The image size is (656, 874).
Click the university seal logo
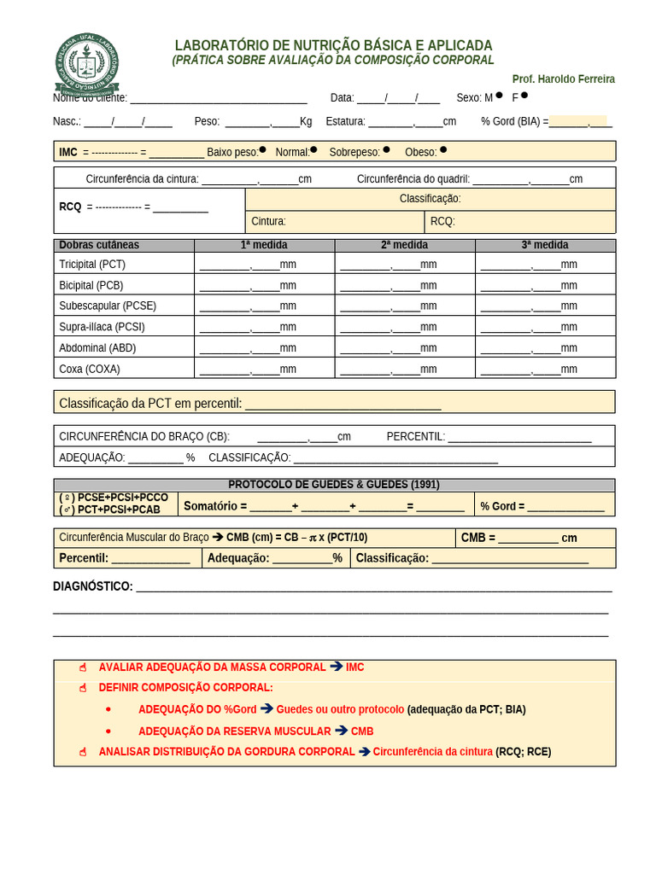86,63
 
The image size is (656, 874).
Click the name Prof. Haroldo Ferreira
563,79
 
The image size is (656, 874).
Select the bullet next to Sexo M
499,96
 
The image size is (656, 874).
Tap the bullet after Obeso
442,149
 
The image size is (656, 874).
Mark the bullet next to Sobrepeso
386,149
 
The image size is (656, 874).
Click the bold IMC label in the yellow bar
68,152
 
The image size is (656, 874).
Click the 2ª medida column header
404,245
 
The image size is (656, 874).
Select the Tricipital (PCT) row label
92,265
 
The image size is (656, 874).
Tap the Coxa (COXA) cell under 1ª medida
264,370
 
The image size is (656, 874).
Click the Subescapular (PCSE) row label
108,306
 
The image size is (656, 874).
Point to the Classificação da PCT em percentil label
150,403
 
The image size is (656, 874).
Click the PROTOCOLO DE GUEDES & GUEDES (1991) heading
334,485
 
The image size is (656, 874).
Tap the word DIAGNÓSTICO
93,586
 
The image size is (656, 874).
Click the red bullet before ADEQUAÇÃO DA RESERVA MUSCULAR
108,731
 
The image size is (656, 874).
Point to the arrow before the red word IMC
336,667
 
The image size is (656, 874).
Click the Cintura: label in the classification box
268,221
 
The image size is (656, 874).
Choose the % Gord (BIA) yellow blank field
578,121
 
